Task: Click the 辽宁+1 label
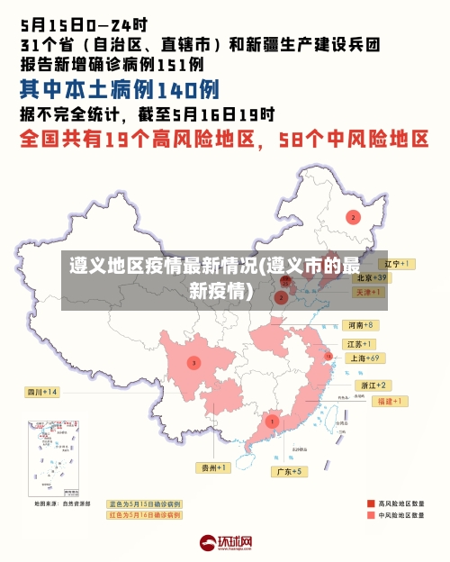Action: click(395, 264)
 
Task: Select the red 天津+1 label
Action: click(367, 293)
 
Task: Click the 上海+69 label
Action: click(364, 358)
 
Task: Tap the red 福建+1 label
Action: click(391, 401)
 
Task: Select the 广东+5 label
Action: click(290, 472)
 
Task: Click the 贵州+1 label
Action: click(215, 467)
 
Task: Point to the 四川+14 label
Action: click(41, 392)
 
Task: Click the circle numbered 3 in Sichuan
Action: click(193, 362)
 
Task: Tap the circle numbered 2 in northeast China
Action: click(354, 217)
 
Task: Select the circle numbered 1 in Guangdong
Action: click(272, 421)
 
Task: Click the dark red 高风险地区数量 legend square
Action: click(370, 503)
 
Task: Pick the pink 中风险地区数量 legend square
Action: click(370, 516)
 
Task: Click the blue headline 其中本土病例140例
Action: click(119, 90)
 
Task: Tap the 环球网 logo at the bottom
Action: click(225, 543)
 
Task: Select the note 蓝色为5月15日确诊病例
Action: click(144, 503)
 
